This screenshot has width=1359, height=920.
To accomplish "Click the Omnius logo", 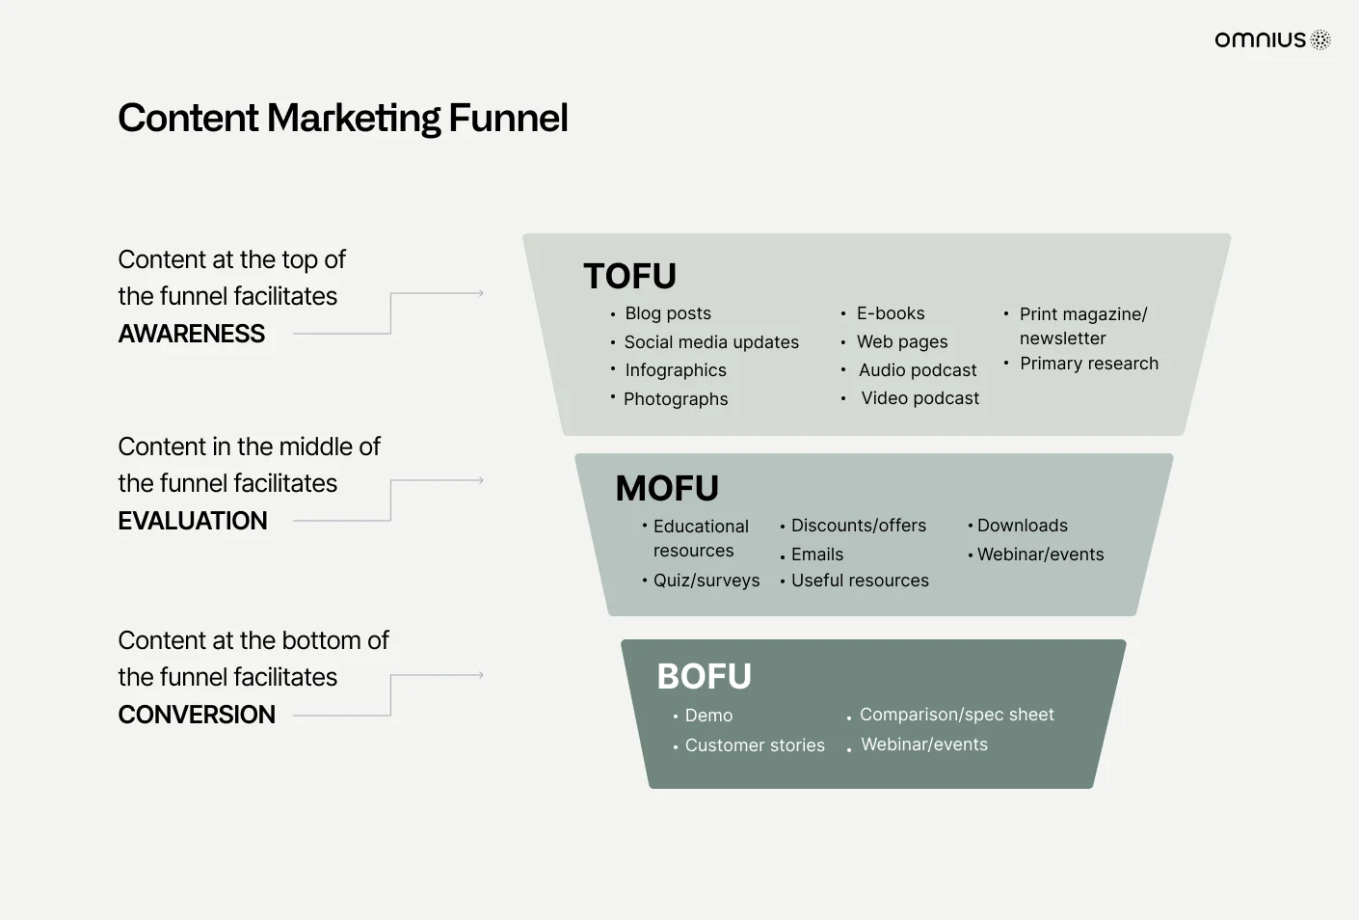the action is (x=1272, y=40).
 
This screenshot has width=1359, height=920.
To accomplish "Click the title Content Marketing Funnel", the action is (x=343, y=118).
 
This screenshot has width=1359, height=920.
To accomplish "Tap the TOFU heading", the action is (x=629, y=276).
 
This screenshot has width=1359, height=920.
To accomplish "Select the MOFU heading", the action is (x=667, y=488).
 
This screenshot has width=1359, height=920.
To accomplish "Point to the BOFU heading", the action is (x=704, y=676).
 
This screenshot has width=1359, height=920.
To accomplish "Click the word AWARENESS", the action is (x=191, y=334).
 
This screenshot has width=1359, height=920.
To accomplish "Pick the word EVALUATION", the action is (x=193, y=521).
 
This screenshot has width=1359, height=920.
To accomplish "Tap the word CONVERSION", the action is (x=197, y=715).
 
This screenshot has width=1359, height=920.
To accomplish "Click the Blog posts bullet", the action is (x=668, y=313).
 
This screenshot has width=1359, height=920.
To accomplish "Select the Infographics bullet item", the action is (x=676, y=370).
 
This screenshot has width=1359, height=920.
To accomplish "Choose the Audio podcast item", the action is (x=918, y=370).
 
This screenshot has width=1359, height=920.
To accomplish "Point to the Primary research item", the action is (x=1089, y=364).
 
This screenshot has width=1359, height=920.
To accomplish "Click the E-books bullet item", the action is (x=891, y=313).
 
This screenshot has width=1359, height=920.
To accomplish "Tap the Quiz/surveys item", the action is (x=706, y=581).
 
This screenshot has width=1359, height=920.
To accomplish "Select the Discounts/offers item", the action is (x=859, y=526).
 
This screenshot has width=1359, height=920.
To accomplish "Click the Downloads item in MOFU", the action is (x=1023, y=526).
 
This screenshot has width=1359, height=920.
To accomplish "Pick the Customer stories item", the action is (x=755, y=745).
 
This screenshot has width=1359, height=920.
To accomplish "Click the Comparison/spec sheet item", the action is (x=957, y=715).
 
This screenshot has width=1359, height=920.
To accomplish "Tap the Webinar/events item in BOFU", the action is (x=924, y=744).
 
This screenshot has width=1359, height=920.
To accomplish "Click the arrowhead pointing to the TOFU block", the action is (x=481, y=293).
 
